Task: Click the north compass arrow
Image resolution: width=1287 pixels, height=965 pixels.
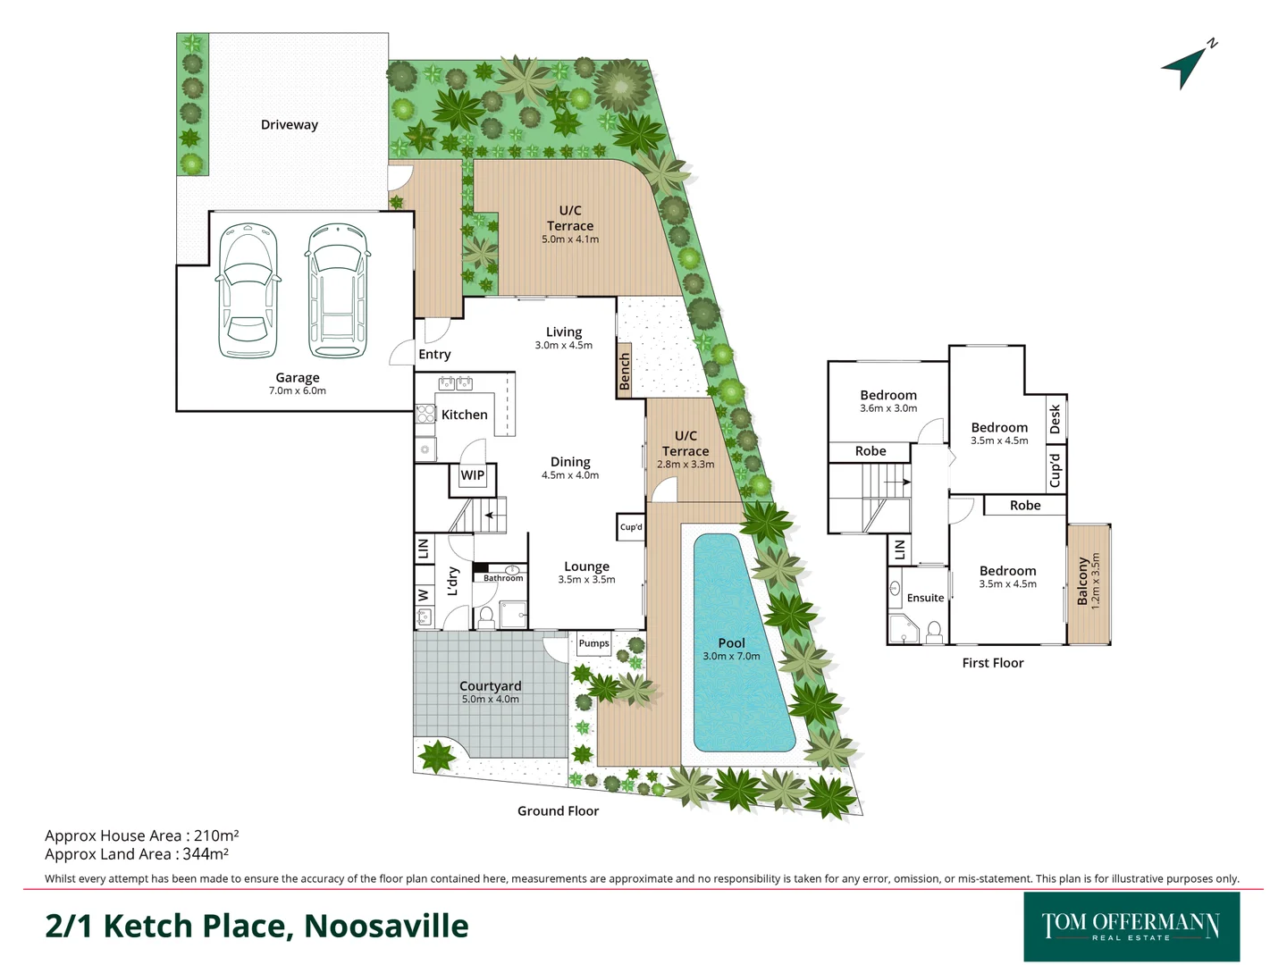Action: click(1185, 67)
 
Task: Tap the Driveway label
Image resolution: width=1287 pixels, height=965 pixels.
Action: click(289, 125)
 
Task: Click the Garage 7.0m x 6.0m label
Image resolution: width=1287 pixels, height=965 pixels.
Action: click(297, 383)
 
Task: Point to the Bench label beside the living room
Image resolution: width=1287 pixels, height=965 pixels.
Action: click(625, 371)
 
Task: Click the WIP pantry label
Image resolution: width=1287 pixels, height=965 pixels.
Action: click(472, 475)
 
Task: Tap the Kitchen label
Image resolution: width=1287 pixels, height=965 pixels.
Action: click(465, 415)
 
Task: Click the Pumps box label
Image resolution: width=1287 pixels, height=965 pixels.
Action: click(593, 643)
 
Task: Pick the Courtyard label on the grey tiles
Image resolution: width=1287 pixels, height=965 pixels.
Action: click(490, 686)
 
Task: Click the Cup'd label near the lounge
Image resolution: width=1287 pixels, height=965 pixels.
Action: click(631, 527)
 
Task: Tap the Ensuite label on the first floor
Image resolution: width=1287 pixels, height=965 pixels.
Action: click(925, 598)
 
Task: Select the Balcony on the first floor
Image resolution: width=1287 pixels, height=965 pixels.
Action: click(1088, 583)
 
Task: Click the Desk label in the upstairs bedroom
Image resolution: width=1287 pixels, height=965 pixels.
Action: click(1056, 418)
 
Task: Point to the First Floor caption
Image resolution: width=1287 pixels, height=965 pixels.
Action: click(992, 663)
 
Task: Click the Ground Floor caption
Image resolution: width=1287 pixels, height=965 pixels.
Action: click(558, 811)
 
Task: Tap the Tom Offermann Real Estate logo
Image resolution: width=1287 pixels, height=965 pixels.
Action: click(1131, 927)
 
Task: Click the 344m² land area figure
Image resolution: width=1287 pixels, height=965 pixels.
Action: click(206, 854)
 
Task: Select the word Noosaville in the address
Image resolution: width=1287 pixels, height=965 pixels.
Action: click(386, 927)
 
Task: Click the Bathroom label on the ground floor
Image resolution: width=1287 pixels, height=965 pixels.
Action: click(503, 578)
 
